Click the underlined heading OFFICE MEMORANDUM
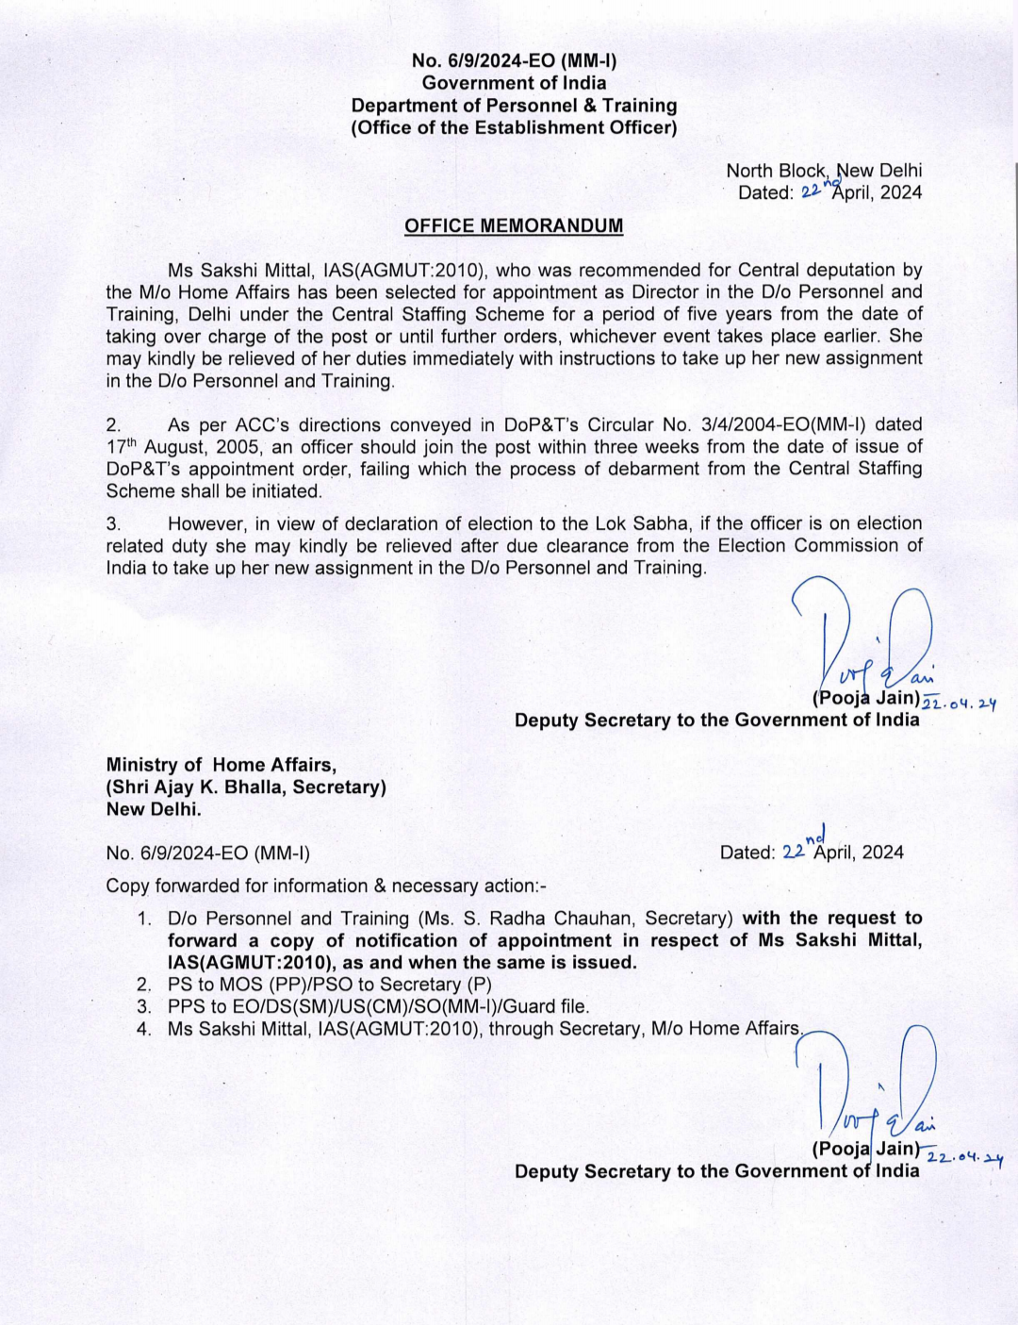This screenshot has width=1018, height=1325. [514, 226]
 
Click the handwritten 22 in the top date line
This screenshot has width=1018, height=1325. [810, 191]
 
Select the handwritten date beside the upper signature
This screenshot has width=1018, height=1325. [959, 702]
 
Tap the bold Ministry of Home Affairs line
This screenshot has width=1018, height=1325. [222, 765]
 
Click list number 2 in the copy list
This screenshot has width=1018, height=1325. [144, 985]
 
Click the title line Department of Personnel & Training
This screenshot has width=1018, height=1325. [514, 106]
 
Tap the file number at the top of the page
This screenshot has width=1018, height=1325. [514, 61]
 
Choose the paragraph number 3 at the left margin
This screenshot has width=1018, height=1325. [113, 523]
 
